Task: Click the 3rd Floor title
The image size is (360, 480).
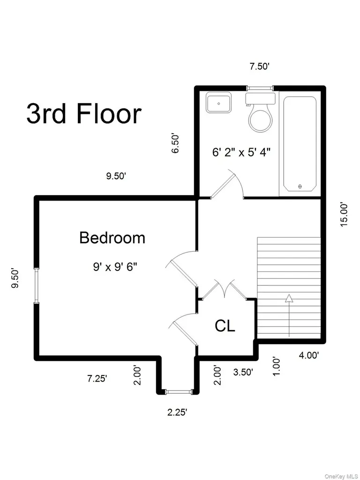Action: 84,114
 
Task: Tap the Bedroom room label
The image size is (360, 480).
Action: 112,238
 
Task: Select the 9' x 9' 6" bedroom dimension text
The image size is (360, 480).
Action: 115,268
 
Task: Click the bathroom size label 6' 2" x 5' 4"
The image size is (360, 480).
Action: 242,152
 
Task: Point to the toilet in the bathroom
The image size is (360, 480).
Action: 260,112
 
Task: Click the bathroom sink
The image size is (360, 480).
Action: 218,102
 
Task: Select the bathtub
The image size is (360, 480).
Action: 300,144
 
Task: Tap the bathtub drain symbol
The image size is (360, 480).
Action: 300,186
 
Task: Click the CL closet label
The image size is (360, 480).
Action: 225,326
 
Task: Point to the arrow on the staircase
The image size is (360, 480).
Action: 289,315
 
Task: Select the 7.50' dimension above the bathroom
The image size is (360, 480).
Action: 259,67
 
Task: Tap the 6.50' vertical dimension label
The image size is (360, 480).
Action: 175,143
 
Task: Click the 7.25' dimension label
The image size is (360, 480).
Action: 97,379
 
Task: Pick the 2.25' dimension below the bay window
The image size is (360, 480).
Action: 177,412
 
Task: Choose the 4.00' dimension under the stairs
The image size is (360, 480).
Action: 309,355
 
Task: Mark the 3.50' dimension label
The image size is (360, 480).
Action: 243,372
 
